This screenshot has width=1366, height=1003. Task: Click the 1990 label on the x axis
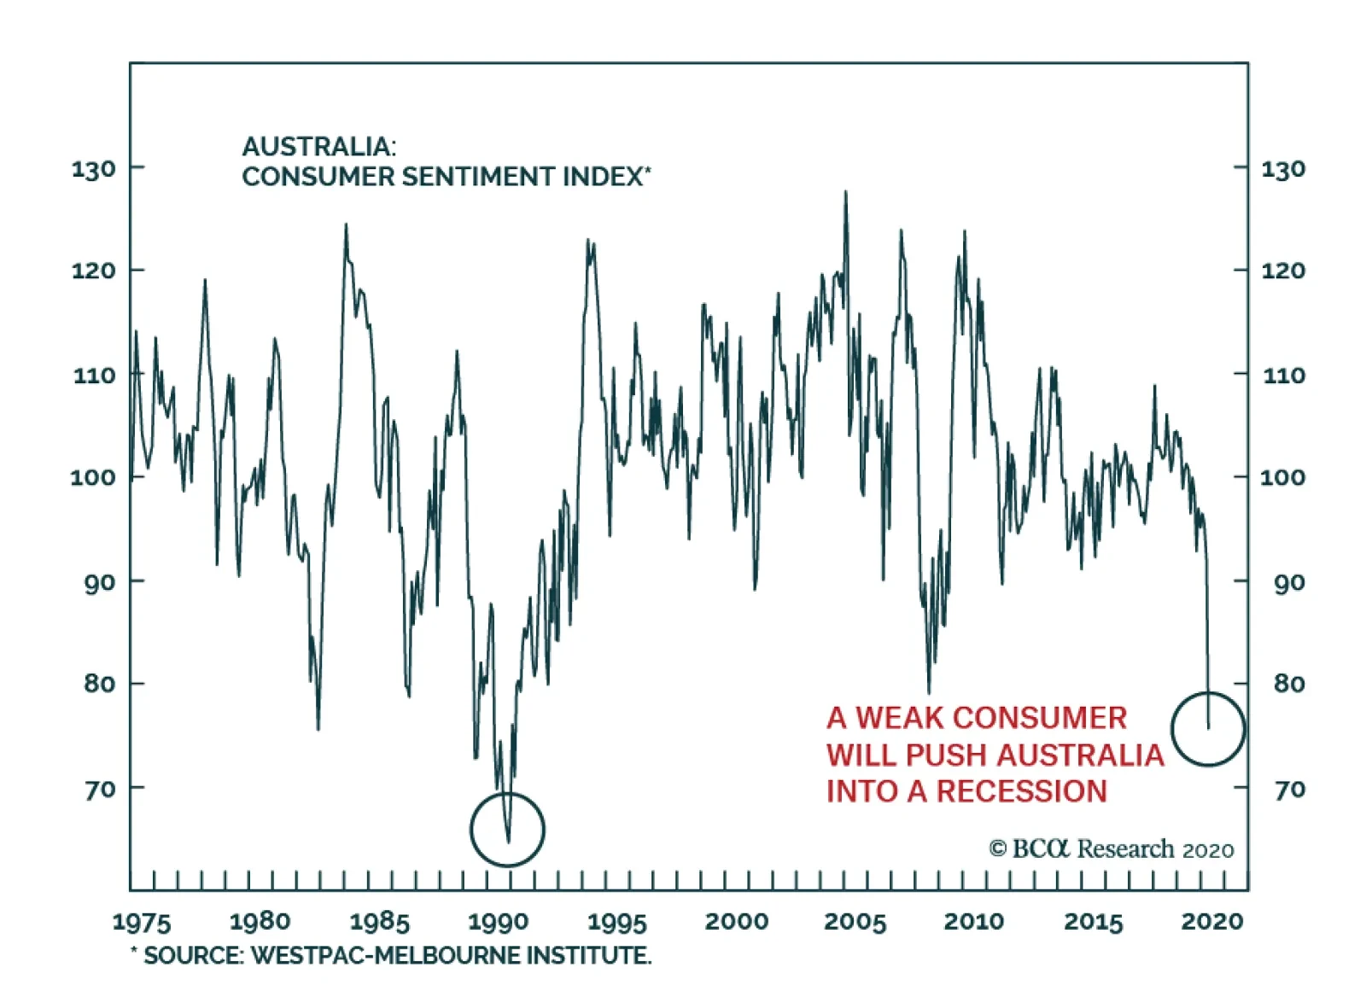(499, 922)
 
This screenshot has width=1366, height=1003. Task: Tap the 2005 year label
(855, 922)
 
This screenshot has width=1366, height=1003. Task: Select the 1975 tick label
(142, 922)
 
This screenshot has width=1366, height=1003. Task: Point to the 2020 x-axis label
(1212, 921)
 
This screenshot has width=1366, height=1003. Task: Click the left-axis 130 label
(93, 169)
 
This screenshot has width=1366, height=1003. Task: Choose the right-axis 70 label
(1289, 790)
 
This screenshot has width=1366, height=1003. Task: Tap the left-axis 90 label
(99, 583)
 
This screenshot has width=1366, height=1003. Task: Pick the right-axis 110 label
(1283, 376)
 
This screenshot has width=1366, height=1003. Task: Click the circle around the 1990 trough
(507, 829)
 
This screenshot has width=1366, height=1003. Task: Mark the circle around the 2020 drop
(1208, 728)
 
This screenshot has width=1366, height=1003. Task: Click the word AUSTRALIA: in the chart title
(319, 147)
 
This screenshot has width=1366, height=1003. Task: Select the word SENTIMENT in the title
(479, 177)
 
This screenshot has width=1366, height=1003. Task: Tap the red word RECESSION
(1021, 791)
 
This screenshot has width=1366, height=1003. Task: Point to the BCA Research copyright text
(1112, 849)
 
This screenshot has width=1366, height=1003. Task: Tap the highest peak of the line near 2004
(846, 192)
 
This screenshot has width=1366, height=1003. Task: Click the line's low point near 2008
(929, 692)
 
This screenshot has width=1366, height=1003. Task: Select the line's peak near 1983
(346, 225)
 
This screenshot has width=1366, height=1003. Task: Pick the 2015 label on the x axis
(1093, 922)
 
